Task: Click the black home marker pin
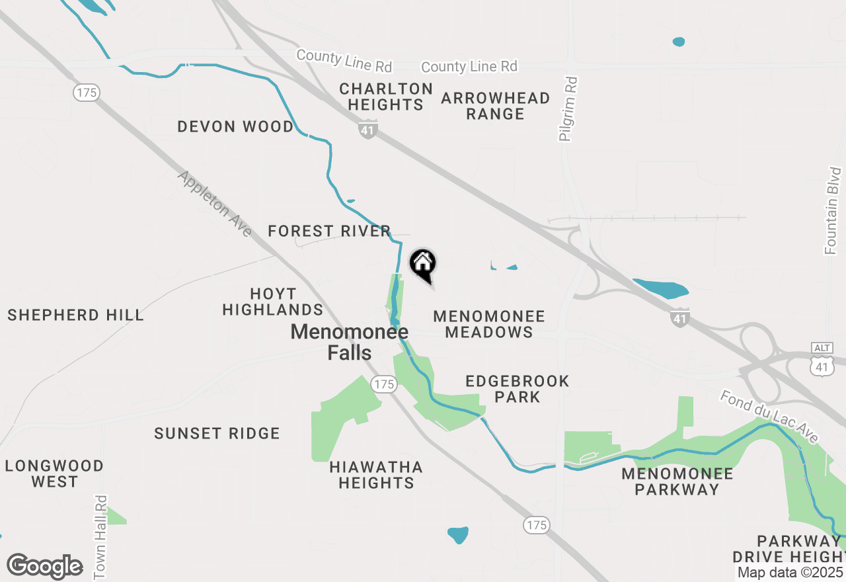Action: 423,265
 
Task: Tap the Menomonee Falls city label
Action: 350,342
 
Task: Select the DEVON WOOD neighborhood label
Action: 235,126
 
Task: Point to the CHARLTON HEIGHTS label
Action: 386,97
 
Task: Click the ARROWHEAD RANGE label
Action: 496,106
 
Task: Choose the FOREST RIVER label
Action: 330,231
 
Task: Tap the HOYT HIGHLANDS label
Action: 273,302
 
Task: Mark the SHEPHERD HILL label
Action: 76,315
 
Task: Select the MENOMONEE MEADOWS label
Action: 489,324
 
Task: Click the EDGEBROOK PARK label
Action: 518,389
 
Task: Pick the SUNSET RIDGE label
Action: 217,433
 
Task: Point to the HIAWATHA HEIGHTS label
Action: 376,475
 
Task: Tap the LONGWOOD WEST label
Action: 54,474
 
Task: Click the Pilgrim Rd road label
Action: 568,109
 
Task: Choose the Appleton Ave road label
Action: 215,204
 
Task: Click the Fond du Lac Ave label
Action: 769,417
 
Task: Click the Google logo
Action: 45,566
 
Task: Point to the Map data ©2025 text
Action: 790,572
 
